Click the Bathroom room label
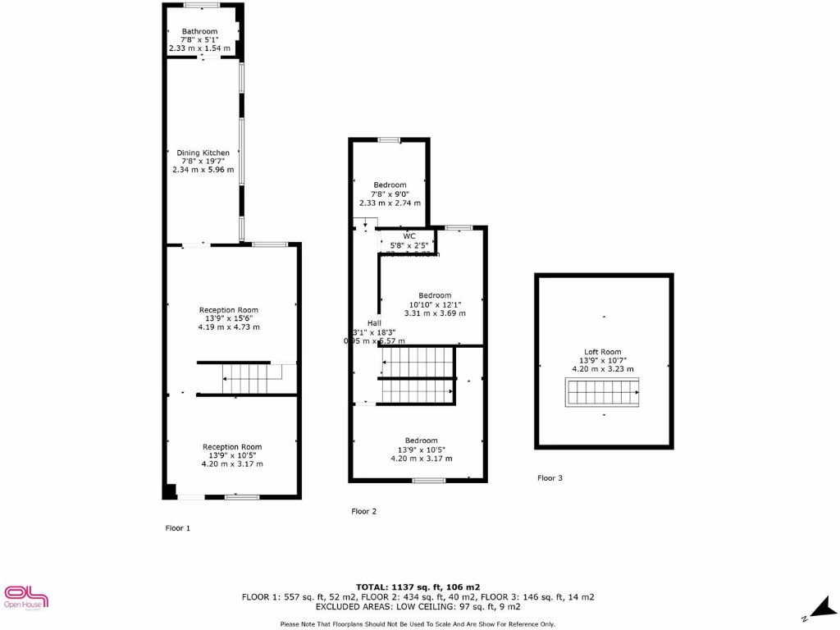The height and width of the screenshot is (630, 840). tap(199, 31)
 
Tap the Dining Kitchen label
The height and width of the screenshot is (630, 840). tap(203, 153)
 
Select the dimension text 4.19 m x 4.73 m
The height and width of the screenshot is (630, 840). tap(229, 326)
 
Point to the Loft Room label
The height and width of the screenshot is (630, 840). tap(603, 352)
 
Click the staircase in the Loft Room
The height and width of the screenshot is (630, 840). tap(603, 394)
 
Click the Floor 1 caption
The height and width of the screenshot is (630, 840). tap(178, 528)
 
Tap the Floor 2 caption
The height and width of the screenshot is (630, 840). tap(363, 511)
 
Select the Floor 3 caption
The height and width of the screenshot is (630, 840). tap(550, 477)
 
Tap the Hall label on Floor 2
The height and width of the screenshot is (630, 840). tap(374, 323)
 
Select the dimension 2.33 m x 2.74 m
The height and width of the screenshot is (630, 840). tap(390, 203)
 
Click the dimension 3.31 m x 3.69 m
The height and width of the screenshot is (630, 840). tap(435, 313)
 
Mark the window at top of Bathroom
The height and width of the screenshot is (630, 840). tap(202, 6)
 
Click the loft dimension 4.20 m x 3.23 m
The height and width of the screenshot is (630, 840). tap(603, 369)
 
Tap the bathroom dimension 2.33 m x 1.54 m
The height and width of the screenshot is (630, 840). tap(200, 49)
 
